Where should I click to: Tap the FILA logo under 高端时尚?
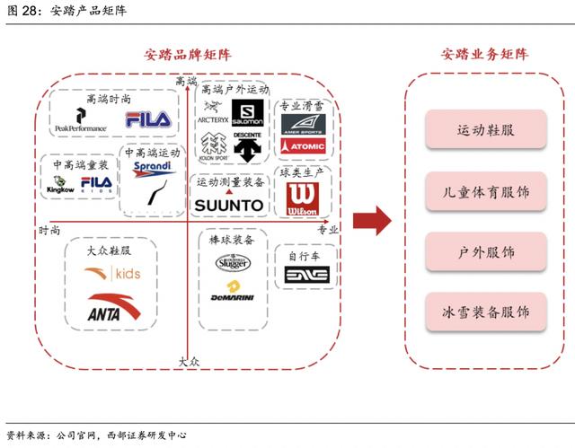coord(147,119)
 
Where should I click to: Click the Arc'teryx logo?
coord(212,114)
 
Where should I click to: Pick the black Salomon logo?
coord(247,112)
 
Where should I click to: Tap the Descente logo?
coord(247,146)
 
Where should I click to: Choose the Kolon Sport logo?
coord(213,146)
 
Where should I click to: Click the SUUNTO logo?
coord(229,205)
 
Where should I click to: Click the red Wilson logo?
coord(301,199)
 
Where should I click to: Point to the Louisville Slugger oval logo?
coord(232,262)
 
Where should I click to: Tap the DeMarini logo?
coord(232,291)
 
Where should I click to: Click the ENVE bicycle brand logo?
coord(305,275)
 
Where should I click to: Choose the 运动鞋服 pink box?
coord(485,129)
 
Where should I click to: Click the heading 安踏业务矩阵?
coord(484,55)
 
